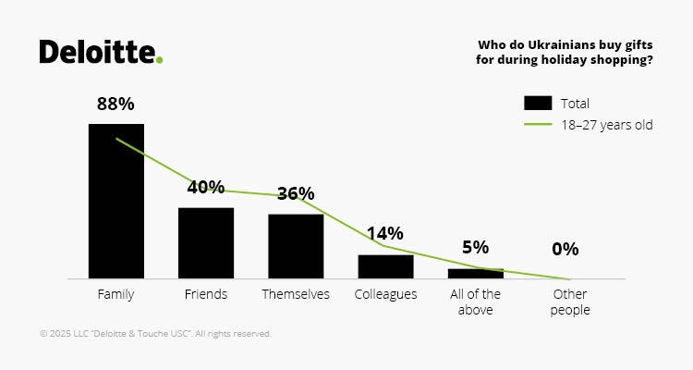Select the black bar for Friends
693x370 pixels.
point(206,242)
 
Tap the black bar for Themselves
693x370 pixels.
point(296,246)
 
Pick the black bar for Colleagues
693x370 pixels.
point(385,266)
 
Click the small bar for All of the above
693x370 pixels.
point(476,274)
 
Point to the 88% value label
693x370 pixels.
point(116,104)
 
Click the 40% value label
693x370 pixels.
point(206,187)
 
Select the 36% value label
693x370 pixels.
point(296,193)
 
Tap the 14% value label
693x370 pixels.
point(385,233)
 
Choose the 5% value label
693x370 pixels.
point(476,248)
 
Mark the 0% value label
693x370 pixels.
point(565,249)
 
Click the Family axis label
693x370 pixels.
point(116,294)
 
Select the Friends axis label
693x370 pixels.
point(206,294)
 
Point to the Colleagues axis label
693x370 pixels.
point(385,294)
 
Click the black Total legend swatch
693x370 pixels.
point(538,103)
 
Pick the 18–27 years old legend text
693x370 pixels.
point(607,125)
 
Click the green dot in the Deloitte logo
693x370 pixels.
point(160,60)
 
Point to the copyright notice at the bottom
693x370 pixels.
point(155,334)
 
